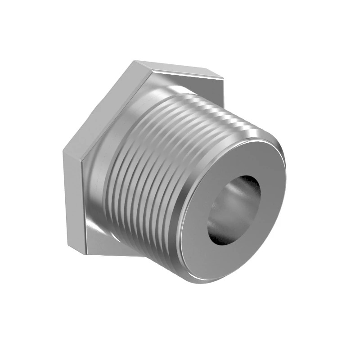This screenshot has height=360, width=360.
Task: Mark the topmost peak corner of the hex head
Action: pos(133,62)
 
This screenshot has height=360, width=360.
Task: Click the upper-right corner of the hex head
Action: pos(223,79)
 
